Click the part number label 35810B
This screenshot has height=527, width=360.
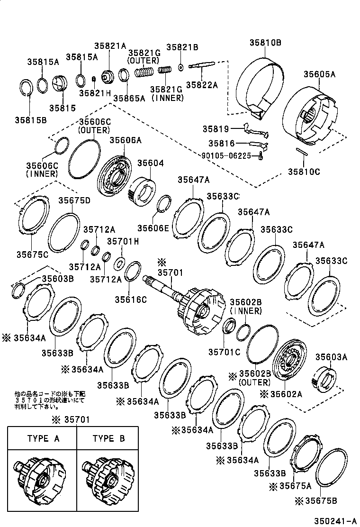(265, 43)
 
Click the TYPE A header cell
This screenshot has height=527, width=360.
(43, 438)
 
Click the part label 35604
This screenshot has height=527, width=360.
(151, 163)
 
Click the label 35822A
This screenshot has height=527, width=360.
(201, 85)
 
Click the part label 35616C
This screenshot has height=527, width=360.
(131, 299)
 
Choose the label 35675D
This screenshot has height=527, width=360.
(74, 200)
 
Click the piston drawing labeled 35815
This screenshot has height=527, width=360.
(60, 87)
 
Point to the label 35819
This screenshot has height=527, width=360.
(216, 129)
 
